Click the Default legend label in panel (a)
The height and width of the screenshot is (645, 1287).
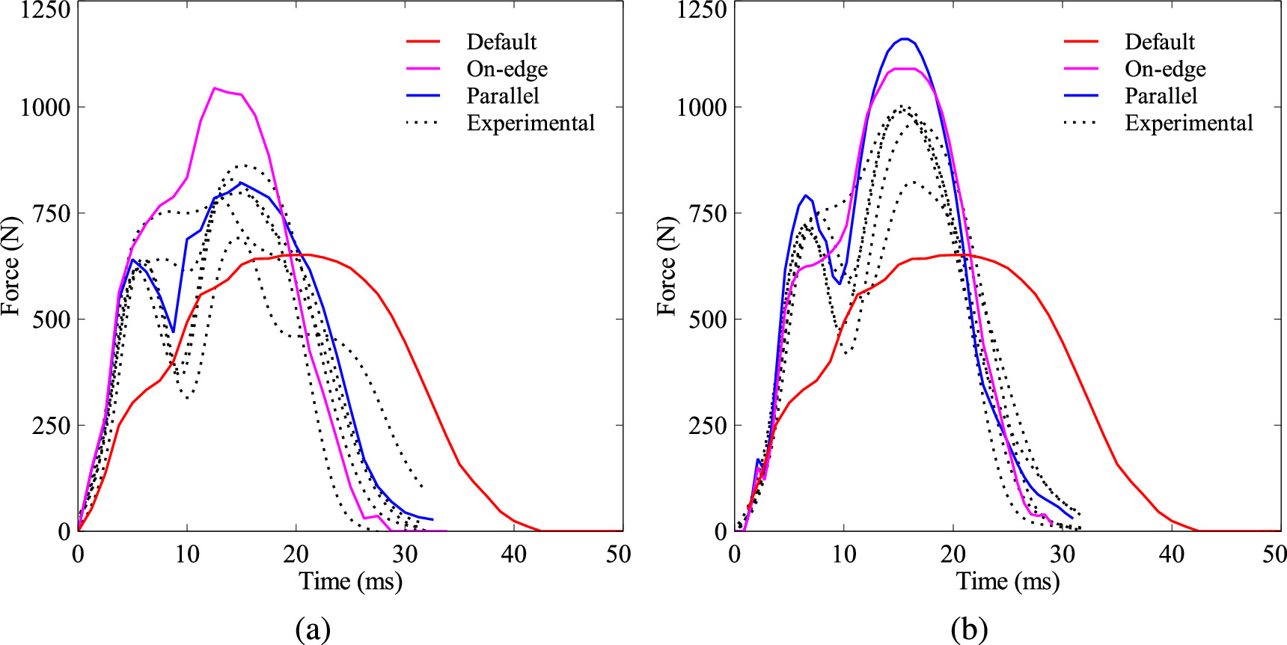(x=501, y=42)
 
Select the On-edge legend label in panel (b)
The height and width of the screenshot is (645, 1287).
(x=1165, y=69)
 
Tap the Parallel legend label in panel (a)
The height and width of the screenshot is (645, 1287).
(x=503, y=96)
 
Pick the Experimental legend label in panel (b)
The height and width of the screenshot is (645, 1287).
(x=1188, y=123)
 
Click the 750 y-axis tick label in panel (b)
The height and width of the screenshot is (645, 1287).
(x=701, y=213)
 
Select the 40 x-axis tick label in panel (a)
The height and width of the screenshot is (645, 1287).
(x=513, y=554)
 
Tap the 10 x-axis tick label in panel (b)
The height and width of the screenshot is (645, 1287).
(x=844, y=554)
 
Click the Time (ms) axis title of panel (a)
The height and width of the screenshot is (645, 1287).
(x=350, y=581)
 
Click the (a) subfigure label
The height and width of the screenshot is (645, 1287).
(x=313, y=629)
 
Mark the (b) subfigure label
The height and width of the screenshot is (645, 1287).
(x=969, y=629)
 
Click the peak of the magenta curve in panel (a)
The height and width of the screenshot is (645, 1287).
(x=215, y=88)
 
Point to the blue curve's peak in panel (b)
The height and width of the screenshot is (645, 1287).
(x=905, y=39)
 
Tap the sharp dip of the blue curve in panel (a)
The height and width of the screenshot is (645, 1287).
(x=173, y=331)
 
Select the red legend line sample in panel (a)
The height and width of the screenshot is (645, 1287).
(x=423, y=42)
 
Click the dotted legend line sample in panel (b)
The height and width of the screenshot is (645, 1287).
(x=1080, y=123)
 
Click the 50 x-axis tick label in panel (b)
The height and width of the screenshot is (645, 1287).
(x=1274, y=554)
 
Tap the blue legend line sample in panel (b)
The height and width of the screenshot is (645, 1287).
(x=1080, y=96)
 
